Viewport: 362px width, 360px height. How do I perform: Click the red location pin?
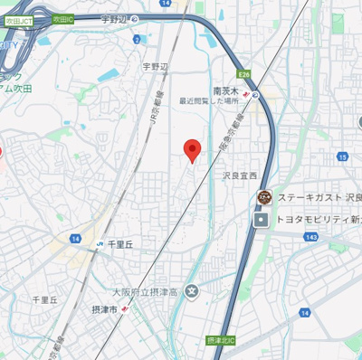coord(191,149)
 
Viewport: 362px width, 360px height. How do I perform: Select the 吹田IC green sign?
coord(62,18)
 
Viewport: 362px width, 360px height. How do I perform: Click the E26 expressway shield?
coord(244,75)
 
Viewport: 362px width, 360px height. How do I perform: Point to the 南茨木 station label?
coord(225,90)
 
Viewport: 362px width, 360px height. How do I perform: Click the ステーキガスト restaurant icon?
coord(264,197)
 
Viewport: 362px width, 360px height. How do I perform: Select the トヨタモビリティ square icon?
coord(262,219)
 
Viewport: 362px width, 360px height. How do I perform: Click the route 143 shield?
coord(310,236)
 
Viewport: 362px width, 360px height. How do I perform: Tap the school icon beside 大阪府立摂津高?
coord(192,291)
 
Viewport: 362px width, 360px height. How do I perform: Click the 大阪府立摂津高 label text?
coord(145,291)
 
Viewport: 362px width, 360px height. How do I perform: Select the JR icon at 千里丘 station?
coord(98,244)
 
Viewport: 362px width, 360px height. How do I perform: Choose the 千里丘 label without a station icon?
coord(44,299)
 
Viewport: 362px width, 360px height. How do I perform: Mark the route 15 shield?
coord(342,156)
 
